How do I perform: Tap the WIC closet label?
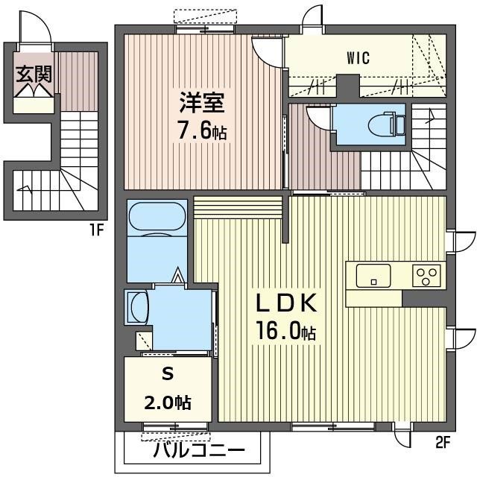[x=358, y=57]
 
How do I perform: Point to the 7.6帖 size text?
[x=202, y=131]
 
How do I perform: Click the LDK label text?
[x=288, y=304]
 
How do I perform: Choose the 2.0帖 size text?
[x=167, y=403]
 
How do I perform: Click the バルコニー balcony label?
[x=199, y=451]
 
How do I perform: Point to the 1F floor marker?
[x=95, y=230]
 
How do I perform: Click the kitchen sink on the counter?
[x=373, y=276]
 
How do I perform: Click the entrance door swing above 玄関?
[x=38, y=29]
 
